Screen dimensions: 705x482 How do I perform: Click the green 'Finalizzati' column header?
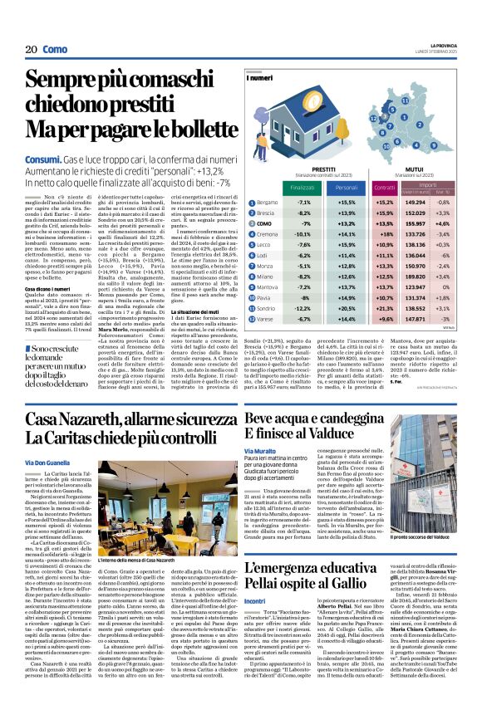[x=279, y=188]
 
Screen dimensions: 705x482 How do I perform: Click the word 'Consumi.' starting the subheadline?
[x=42, y=157]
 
